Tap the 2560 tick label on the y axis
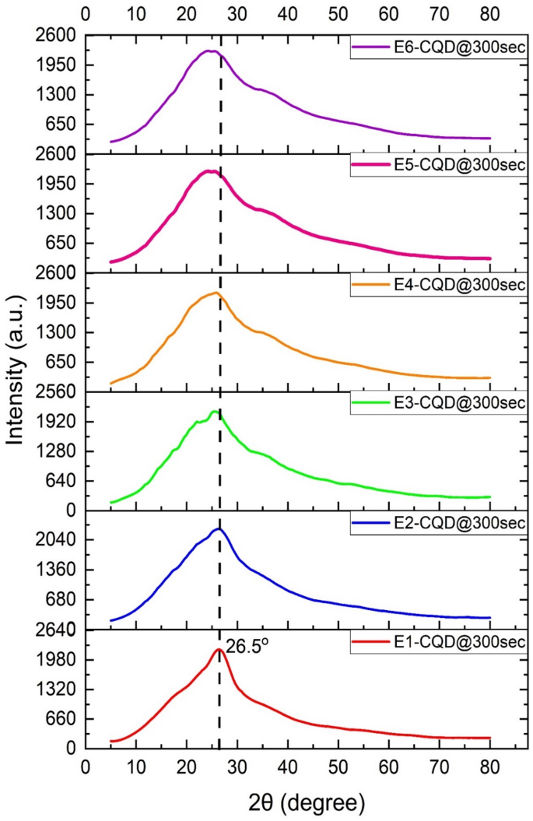point(58,392)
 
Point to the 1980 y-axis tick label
point(58,660)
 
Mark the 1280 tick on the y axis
point(58,451)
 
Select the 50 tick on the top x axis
point(338,14)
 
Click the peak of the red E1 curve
point(219,649)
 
